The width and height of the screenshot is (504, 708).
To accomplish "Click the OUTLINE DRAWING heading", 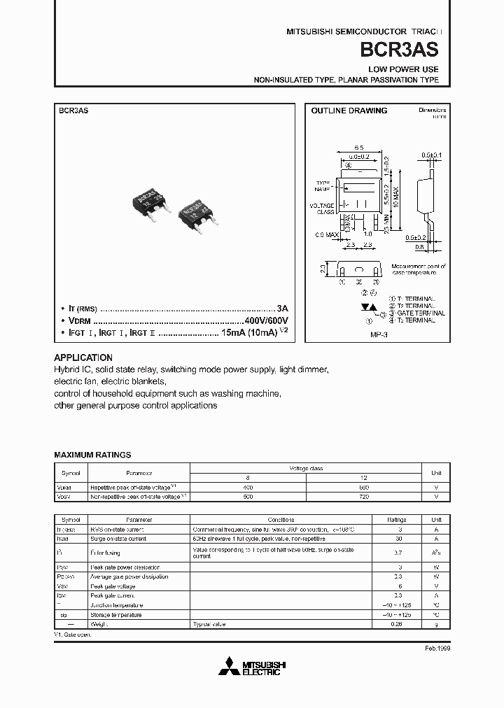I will pyautogui.click(x=349, y=111).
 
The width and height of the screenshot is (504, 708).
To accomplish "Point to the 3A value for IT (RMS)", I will pyautogui.click(x=282, y=308).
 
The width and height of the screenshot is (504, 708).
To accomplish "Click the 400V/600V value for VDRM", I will pyautogui.click(x=261, y=320).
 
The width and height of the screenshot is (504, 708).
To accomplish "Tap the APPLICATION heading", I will pyautogui.click(x=83, y=357).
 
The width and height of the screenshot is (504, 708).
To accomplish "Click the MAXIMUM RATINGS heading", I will pyautogui.click(x=92, y=455).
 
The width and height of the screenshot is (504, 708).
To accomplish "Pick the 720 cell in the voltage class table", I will pyautogui.click(x=363, y=496).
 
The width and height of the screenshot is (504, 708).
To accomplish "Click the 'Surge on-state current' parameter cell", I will pyautogui.click(x=118, y=539).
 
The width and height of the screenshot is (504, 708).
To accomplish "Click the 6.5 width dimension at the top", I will pyautogui.click(x=358, y=148).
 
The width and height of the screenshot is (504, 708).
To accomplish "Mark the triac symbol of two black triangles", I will pyautogui.click(x=366, y=307).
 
